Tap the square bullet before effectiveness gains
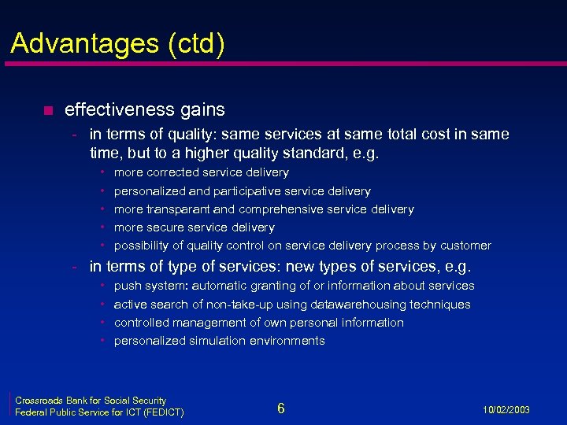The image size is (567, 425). pyautogui.click(x=47, y=110)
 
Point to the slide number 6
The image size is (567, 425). pyautogui.click(x=281, y=408)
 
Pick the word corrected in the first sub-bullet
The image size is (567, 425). pyautogui.click(x=173, y=172)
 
